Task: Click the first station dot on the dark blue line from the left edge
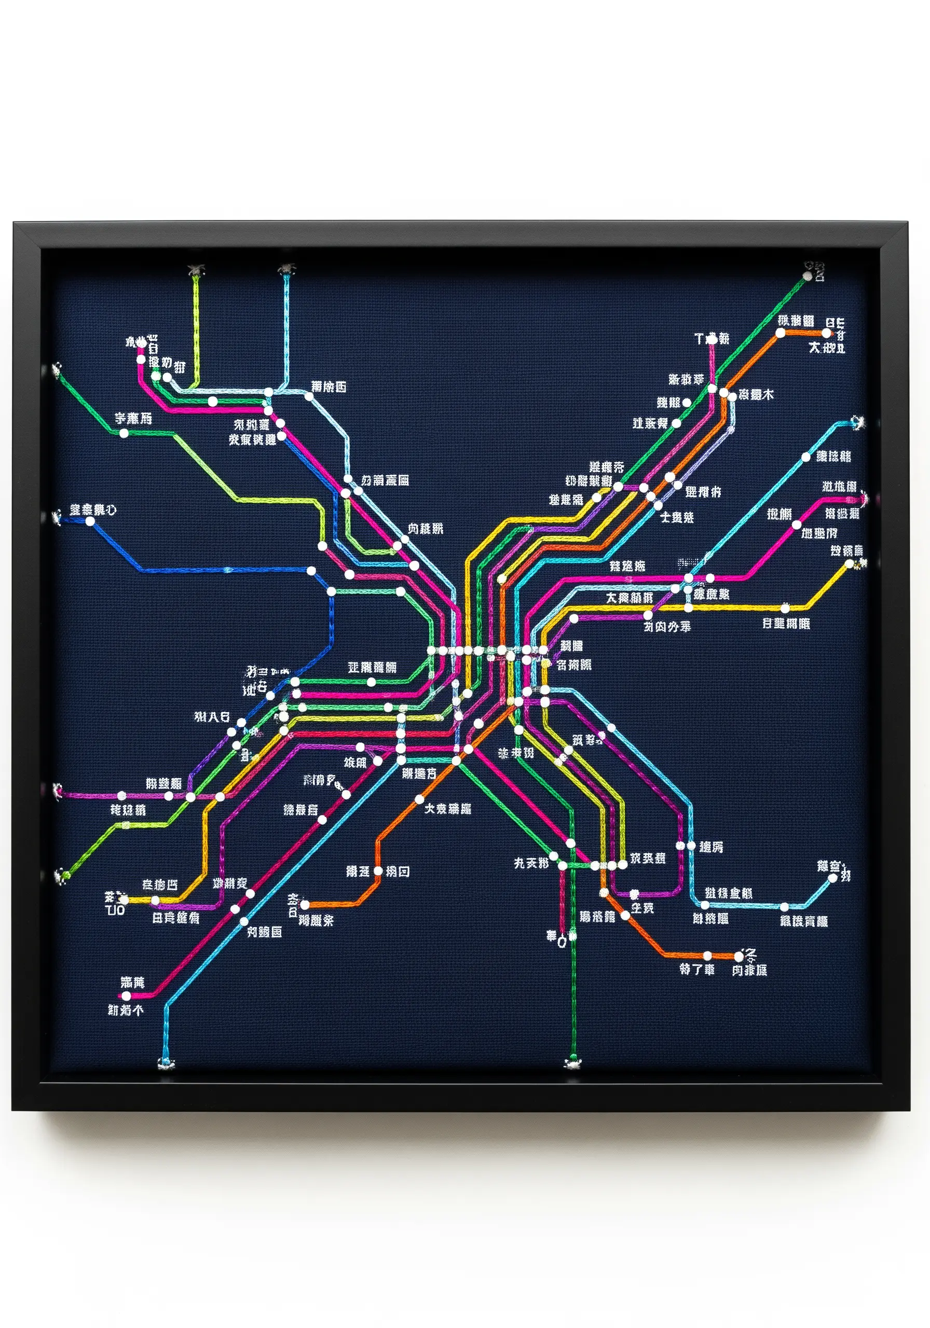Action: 90,521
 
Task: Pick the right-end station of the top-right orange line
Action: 826,333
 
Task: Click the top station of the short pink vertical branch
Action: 713,339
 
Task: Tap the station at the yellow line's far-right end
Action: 850,564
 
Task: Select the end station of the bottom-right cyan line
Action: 833,877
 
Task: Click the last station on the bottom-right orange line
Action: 739,957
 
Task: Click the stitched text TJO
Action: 115,910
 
